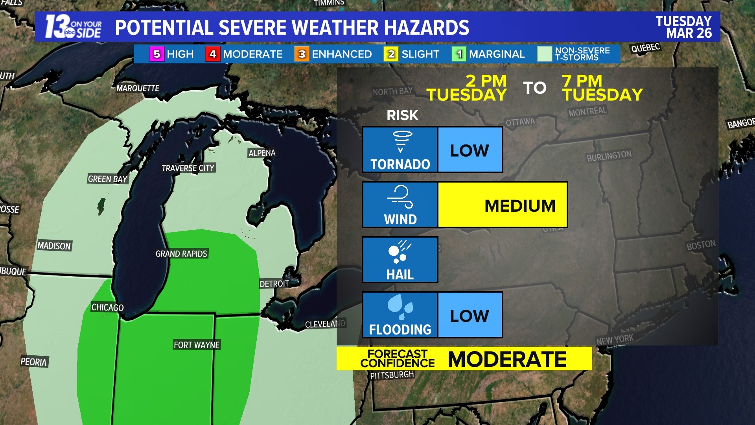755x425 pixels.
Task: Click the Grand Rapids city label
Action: [181, 254]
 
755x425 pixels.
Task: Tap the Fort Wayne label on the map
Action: [197, 345]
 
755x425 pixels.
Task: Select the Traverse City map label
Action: [188, 168]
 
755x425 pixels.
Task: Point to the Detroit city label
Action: [274, 284]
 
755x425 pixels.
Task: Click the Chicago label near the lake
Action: [107, 307]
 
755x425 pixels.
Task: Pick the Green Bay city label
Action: [107, 179]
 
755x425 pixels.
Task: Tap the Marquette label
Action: [138, 88]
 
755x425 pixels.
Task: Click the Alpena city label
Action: [262, 153]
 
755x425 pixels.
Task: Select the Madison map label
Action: [54, 246]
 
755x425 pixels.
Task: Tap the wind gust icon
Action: [400, 196]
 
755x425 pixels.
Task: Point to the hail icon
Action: [399, 252]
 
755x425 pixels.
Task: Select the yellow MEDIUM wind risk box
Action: [503, 205]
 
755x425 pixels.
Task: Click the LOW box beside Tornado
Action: [470, 150]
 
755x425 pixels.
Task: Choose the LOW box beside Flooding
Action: [470, 315]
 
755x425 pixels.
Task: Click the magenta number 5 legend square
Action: [157, 54]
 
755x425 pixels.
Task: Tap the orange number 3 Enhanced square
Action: [302, 54]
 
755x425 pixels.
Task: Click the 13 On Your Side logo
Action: [73, 27]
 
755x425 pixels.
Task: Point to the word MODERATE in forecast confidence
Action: [507, 359]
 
